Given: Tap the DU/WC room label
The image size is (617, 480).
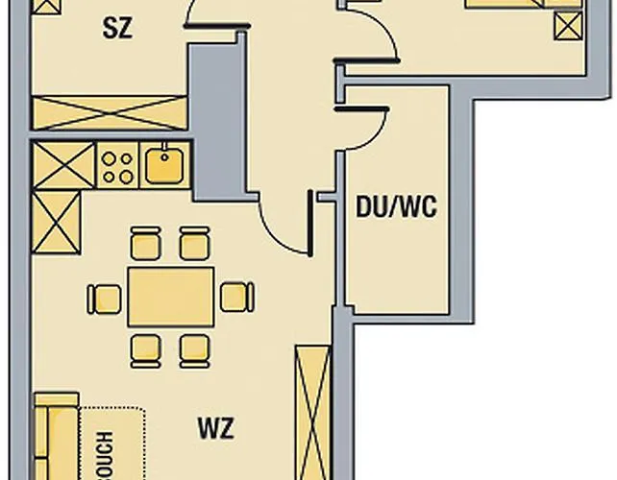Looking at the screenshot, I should (x=396, y=206).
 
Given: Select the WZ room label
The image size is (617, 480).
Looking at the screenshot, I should (x=217, y=428).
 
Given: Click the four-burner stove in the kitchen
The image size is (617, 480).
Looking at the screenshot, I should (x=117, y=165).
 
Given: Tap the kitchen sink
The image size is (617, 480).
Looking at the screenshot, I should (x=164, y=164).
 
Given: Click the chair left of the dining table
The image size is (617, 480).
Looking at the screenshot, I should (x=104, y=299).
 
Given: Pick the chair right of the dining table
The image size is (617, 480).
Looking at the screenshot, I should (x=235, y=297).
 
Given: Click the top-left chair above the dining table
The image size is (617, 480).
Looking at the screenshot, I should (x=145, y=243).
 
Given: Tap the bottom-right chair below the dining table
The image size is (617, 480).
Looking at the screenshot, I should (x=194, y=349).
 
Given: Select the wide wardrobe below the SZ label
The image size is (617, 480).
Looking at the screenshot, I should (x=109, y=111).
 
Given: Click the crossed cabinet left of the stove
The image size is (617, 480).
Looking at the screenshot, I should (x=63, y=164).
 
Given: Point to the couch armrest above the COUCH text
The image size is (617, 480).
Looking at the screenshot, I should (x=56, y=400).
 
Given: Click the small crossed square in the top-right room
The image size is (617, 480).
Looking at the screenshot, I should (x=568, y=26).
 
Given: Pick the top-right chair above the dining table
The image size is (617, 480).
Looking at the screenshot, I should (x=194, y=243).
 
